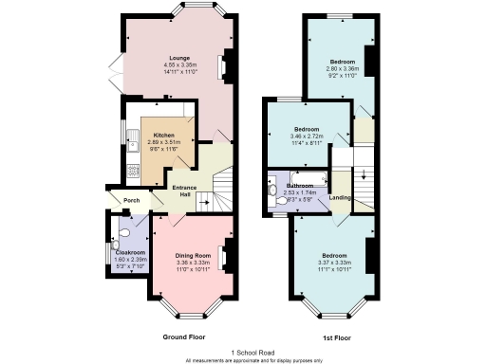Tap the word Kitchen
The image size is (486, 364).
point(164,136)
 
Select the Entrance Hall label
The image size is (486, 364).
point(184,190)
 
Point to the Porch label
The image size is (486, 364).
point(120,199)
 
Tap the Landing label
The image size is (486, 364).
point(340,197)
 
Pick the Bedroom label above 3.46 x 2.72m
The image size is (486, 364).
point(307,129)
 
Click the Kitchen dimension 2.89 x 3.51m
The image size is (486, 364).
point(164,143)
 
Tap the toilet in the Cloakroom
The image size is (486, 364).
point(124,233)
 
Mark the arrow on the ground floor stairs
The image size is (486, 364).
point(204,203)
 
